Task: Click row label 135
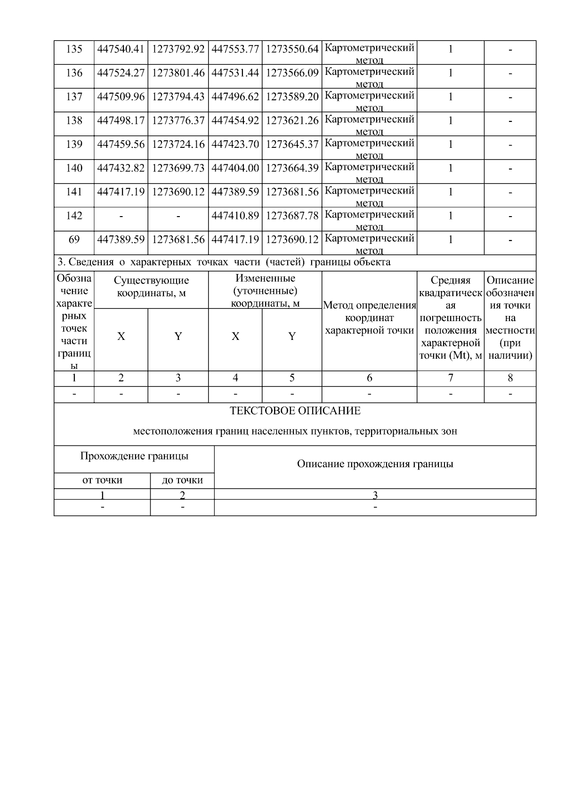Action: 74,49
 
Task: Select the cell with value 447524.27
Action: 121,73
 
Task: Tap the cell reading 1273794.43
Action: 178,97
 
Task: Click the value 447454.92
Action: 235,121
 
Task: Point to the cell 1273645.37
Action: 292,145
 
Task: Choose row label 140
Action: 74,168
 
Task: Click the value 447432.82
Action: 121,168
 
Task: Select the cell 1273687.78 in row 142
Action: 292,216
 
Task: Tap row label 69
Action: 74,240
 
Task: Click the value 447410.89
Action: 235,216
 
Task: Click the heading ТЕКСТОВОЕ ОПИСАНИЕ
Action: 295,411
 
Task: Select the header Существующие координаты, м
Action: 151,287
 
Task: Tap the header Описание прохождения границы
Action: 375,464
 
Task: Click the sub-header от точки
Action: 102,480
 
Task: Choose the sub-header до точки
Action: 182,480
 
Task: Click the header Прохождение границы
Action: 134,456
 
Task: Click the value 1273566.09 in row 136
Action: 292,73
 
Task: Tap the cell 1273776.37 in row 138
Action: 178,121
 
